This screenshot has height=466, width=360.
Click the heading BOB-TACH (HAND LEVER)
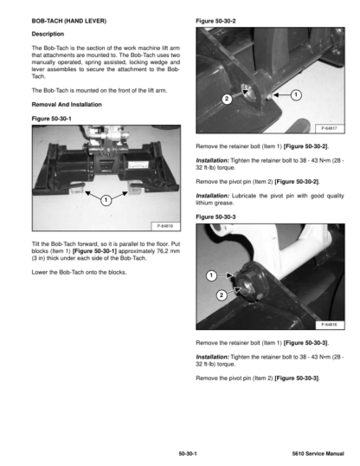[x=69, y=21]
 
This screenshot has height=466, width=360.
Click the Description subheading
[x=48, y=34]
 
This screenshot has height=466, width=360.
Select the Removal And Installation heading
[x=67, y=104]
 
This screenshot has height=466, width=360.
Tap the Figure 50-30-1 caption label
[x=51, y=119]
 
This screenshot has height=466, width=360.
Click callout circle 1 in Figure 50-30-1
[x=106, y=200]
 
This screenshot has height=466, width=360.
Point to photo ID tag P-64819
[x=165, y=226]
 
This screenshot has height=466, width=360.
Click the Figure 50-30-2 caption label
[x=215, y=21]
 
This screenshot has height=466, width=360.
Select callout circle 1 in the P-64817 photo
[x=296, y=95]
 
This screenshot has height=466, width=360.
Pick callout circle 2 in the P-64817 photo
[x=227, y=99]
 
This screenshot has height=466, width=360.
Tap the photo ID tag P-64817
[x=329, y=128]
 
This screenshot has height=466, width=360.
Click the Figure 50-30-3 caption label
[x=215, y=217]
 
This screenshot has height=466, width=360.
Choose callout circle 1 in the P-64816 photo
[x=211, y=275]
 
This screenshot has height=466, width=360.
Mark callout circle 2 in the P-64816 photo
[x=222, y=295]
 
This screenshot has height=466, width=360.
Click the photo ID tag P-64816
[x=329, y=325]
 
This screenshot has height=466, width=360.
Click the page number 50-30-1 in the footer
[x=188, y=454]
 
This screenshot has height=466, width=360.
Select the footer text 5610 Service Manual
[x=318, y=454]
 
